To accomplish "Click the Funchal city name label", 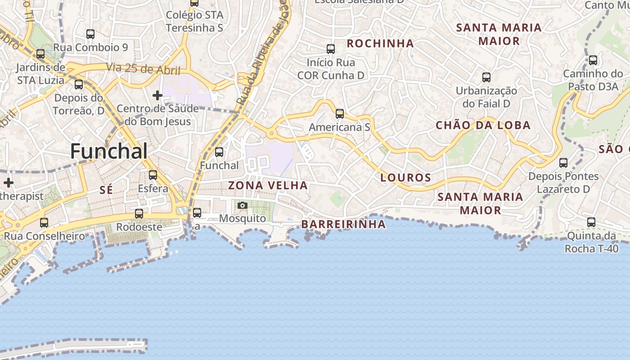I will click(109, 151).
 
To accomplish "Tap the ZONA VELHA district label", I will click(268, 185).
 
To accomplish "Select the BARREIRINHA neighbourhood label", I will click(343, 224).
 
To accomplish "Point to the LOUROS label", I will click(406, 178).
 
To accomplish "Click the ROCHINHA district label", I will click(380, 43).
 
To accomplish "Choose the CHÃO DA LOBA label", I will click(483, 126).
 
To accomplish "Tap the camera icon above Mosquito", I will click(243, 206).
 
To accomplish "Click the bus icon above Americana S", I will click(340, 114).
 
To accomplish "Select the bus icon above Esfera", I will click(153, 175).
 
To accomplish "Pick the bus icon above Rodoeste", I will click(139, 214).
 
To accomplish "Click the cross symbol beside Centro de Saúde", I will click(157, 95).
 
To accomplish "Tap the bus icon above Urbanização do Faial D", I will click(486, 77).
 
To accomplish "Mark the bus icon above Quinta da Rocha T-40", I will click(591, 222).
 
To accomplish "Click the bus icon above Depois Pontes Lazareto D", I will click(563, 163).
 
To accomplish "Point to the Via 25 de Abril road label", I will click(143, 69).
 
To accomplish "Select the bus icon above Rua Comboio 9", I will click(90, 34).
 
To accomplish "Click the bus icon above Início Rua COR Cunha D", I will click(331, 49).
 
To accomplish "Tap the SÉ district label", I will click(106, 190).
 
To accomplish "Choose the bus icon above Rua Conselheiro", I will click(44, 223).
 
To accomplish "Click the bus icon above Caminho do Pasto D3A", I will click(593, 60).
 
